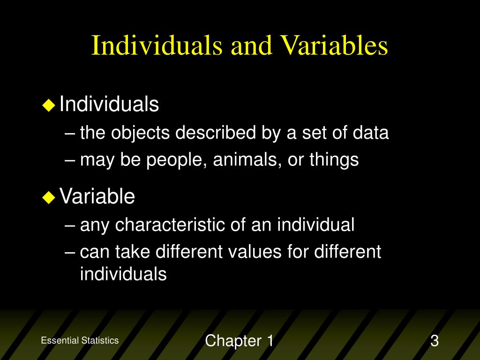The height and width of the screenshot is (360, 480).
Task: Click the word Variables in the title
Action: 334,45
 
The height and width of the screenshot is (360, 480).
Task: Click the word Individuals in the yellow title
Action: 157,45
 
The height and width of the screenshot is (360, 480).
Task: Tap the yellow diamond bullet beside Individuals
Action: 49,105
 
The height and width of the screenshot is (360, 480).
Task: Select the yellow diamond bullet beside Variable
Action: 49,197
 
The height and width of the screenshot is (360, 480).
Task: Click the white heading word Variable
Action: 97,196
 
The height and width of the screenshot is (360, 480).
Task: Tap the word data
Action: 370,133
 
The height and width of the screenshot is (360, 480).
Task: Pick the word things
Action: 334,160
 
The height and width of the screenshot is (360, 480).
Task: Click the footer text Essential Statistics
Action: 80,340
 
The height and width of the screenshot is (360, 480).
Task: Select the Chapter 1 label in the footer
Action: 240,341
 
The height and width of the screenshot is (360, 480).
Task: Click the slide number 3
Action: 435,341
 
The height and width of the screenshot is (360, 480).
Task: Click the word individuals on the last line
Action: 123,273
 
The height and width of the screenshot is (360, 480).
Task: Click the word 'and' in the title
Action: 251,46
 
